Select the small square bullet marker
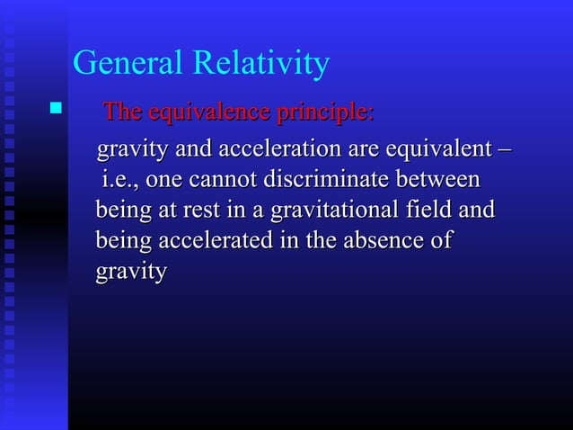coord(57,112)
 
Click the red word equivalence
coord(203,114)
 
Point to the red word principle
coord(323,114)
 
